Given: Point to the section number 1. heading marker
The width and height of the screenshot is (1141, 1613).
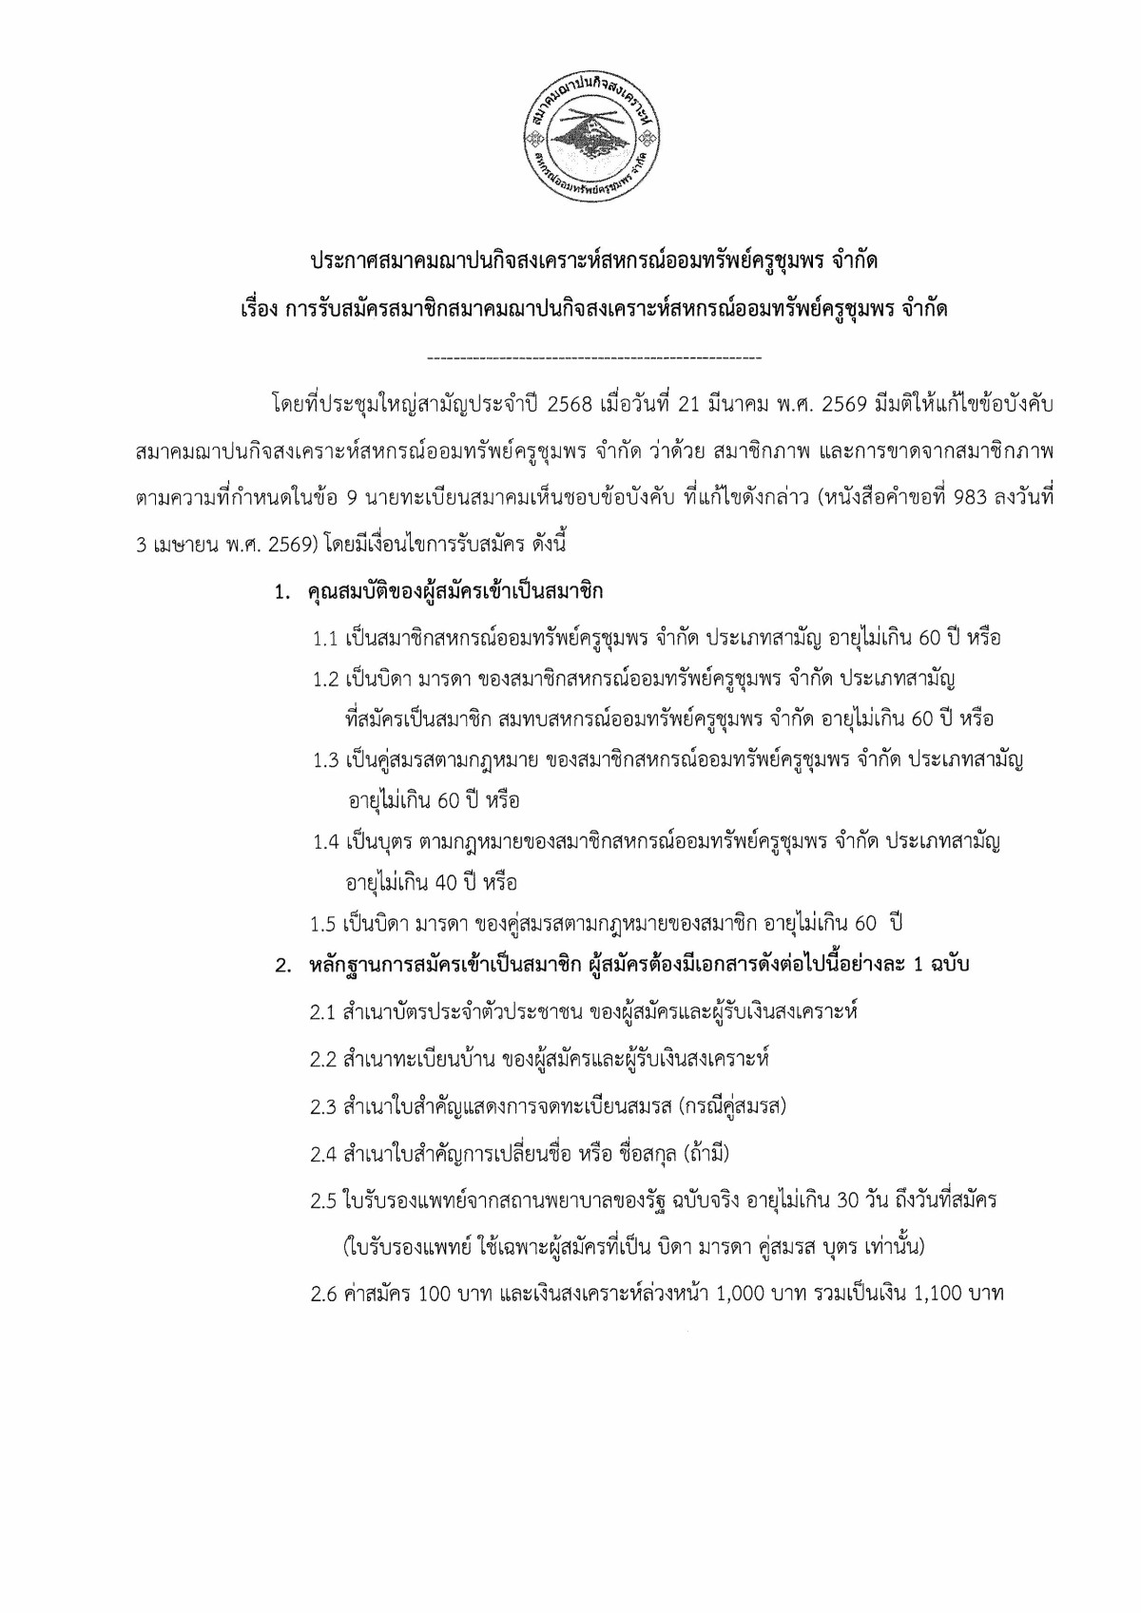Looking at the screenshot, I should pos(281,592).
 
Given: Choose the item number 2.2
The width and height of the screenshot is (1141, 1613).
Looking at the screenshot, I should pos(323,1059).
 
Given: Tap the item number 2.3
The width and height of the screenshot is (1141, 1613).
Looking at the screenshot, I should pos(323,1107).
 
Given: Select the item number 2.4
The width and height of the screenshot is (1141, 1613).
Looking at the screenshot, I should pos(323,1155).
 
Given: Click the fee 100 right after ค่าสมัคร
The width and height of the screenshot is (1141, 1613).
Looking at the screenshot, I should pos(434,1294).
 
